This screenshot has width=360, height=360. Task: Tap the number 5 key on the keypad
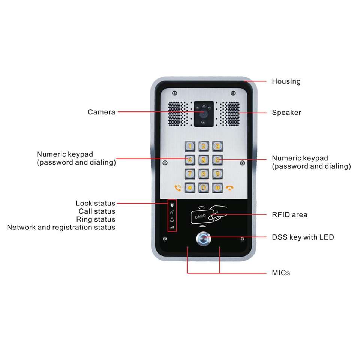[204, 160]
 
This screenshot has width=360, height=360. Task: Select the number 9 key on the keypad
[217, 173]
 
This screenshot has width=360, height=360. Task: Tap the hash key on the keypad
[217, 187]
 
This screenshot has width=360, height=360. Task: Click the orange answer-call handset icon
[178, 187]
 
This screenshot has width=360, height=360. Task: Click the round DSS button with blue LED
[204, 238]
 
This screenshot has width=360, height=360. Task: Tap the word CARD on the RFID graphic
[200, 217]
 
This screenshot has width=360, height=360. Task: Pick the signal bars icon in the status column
[172, 227]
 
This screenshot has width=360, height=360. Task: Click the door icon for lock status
[172, 205]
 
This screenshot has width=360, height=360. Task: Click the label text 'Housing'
[286, 81]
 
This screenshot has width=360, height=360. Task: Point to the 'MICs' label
[281, 273]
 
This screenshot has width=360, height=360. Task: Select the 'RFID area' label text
[289, 215]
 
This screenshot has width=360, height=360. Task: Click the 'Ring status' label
[96, 219]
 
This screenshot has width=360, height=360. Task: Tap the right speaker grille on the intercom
[231, 114]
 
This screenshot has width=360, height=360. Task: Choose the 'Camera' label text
[102, 112]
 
